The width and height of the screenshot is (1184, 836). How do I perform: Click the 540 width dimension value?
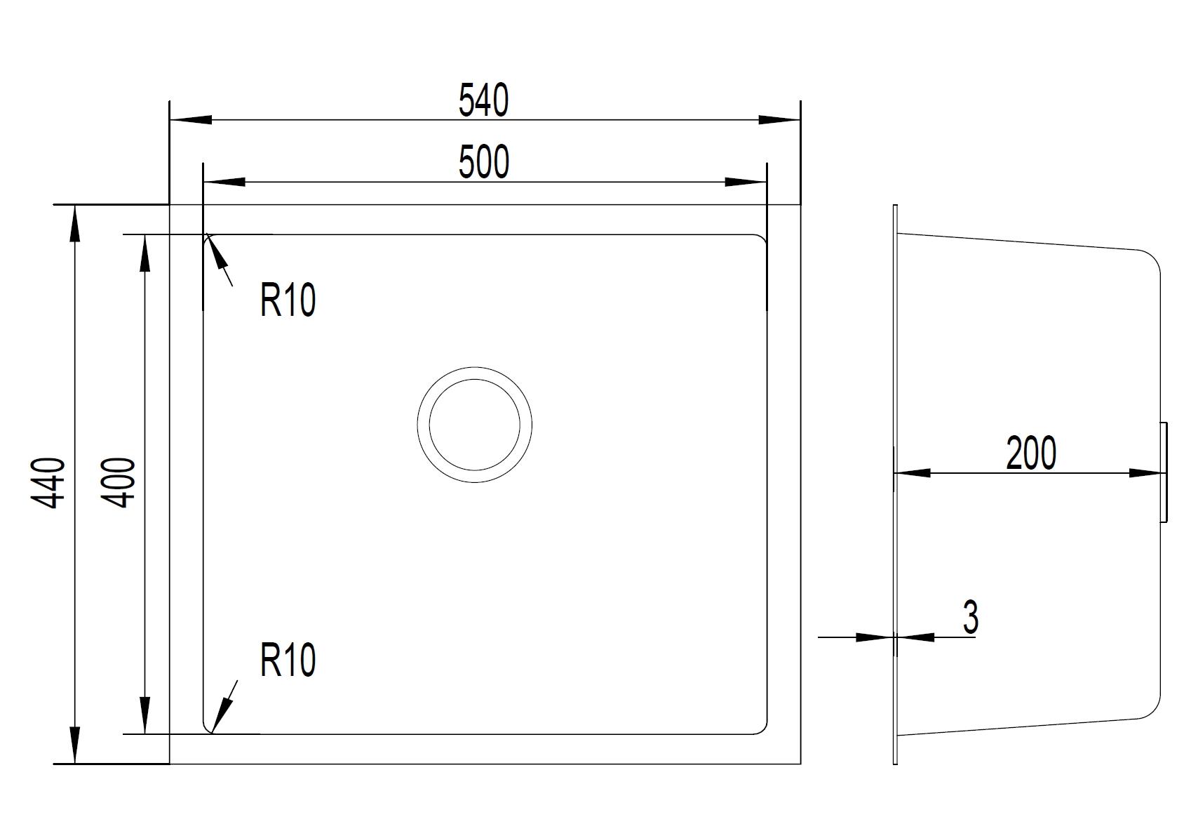pyautogui.click(x=483, y=100)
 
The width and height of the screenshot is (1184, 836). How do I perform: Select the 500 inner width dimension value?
pyautogui.click(x=484, y=162)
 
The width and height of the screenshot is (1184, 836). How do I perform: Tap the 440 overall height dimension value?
pyautogui.click(x=48, y=483)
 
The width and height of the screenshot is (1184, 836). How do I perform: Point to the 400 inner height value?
pyautogui.click(x=119, y=482)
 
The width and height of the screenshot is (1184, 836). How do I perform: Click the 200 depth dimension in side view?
pyautogui.click(x=1031, y=453)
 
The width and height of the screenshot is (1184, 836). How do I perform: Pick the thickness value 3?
pyautogui.click(x=971, y=618)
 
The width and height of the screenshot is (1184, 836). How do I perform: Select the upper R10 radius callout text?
pyautogui.click(x=288, y=300)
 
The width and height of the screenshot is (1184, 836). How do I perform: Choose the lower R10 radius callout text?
pyautogui.click(x=288, y=660)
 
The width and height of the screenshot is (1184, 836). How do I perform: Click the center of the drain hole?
pyautogui.click(x=475, y=425)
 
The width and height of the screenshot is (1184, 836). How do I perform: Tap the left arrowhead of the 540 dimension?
pyautogui.click(x=191, y=120)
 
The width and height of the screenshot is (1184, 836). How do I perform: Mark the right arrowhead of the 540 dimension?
pyautogui.click(x=779, y=120)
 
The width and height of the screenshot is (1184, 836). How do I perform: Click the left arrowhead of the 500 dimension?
pyautogui.click(x=224, y=182)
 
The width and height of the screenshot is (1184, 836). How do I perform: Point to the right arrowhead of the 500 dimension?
pyautogui.click(x=746, y=182)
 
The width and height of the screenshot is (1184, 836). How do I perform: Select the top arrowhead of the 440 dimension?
pyautogui.click(x=75, y=226)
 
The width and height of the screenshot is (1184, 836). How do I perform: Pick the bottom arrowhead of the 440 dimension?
pyautogui.click(x=75, y=743)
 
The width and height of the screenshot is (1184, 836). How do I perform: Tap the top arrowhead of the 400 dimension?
pyautogui.click(x=144, y=256)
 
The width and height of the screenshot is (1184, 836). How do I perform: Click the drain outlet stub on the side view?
pyautogui.click(x=1164, y=472)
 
